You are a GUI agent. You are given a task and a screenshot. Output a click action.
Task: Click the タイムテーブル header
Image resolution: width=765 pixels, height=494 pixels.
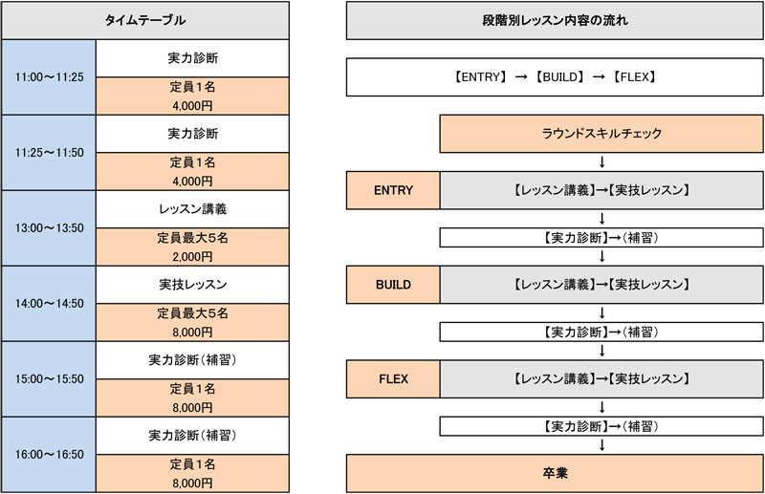click(x=145, y=20)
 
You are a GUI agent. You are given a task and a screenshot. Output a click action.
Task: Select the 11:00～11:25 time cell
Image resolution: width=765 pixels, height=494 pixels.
click(x=49, y=77)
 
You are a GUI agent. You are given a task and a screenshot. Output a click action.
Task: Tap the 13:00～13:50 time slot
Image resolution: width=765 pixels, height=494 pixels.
click(x=49, y=227)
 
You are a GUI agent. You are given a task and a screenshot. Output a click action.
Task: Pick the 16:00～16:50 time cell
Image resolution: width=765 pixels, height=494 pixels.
click(x=49, y=455)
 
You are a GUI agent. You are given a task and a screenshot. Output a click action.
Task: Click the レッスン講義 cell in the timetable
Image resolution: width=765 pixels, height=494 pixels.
click(x=193, y=209)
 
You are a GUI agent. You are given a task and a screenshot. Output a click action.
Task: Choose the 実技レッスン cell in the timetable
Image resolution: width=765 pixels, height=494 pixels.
click(x=193, y=285)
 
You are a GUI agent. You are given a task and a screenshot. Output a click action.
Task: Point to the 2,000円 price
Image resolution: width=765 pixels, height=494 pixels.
click(x=193, y=256)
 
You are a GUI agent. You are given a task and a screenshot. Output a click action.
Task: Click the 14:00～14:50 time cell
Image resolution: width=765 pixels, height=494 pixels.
click(x=49, y=303)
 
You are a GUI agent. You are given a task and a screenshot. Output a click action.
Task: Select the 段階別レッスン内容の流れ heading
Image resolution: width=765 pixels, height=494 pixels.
click(x=555, y=20)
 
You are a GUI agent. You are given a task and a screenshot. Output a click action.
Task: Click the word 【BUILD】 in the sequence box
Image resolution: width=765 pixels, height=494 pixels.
click(x=559, y=77)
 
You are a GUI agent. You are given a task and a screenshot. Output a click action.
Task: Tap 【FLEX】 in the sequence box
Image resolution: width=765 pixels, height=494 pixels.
click(x=634, y=77)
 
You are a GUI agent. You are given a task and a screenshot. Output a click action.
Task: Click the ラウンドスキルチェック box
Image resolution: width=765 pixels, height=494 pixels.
click(x=601, y=134)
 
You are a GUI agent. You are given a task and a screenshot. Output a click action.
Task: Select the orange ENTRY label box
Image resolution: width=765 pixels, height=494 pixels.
click(x=393, y=190)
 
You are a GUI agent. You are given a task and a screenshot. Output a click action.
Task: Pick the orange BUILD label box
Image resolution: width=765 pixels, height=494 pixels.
click(x=393, y=285)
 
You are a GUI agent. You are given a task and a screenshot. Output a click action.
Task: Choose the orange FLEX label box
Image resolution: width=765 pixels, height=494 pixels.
click(x=393, y=379)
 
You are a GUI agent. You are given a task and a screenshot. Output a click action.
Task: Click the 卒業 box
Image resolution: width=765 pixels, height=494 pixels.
click(x=555, y=473)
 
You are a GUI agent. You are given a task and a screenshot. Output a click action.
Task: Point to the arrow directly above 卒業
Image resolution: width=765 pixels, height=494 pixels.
click(x=601, y=445)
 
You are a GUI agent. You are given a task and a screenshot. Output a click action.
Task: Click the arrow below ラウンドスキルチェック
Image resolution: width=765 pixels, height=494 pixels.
click(x=601, y=161)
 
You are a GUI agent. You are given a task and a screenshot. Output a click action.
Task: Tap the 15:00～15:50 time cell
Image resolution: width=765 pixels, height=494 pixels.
click(x=49, y=379)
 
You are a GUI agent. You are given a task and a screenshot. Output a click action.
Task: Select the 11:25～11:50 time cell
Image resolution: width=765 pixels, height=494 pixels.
click(x=49, y=153)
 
